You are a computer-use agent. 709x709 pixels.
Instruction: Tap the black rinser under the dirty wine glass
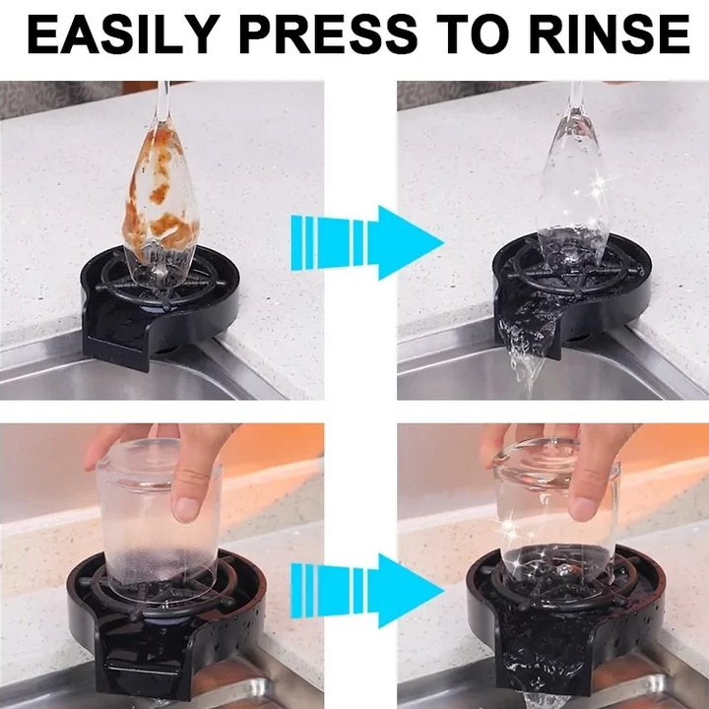coord(158,300)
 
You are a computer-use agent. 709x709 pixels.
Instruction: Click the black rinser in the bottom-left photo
coord(158,630)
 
